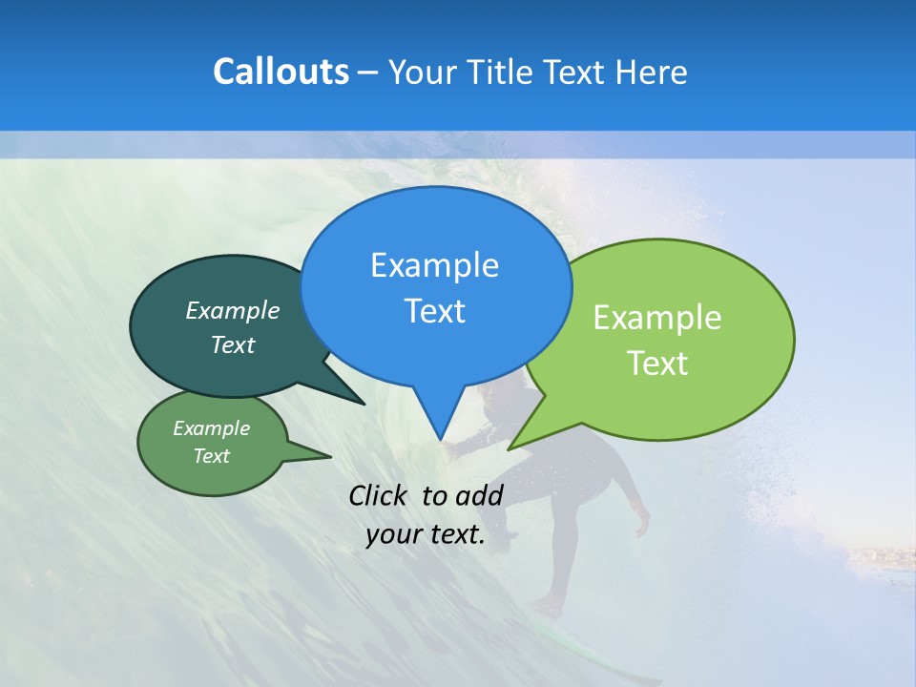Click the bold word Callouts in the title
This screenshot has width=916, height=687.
click(x=281, y=72)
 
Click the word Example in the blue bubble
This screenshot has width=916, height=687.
click(x=434, y=264)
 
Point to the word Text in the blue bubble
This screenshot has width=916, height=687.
click(x=434, y=311)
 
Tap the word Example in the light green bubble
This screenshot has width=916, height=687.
click(x=656, y=318)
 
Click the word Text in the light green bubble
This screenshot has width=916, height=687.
click(x=656, y=364)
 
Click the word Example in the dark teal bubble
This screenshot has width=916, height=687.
click(x=232, y=310)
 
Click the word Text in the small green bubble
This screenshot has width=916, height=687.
click(x=211, y=456)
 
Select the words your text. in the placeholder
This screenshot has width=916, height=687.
click(x=426, y=535)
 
